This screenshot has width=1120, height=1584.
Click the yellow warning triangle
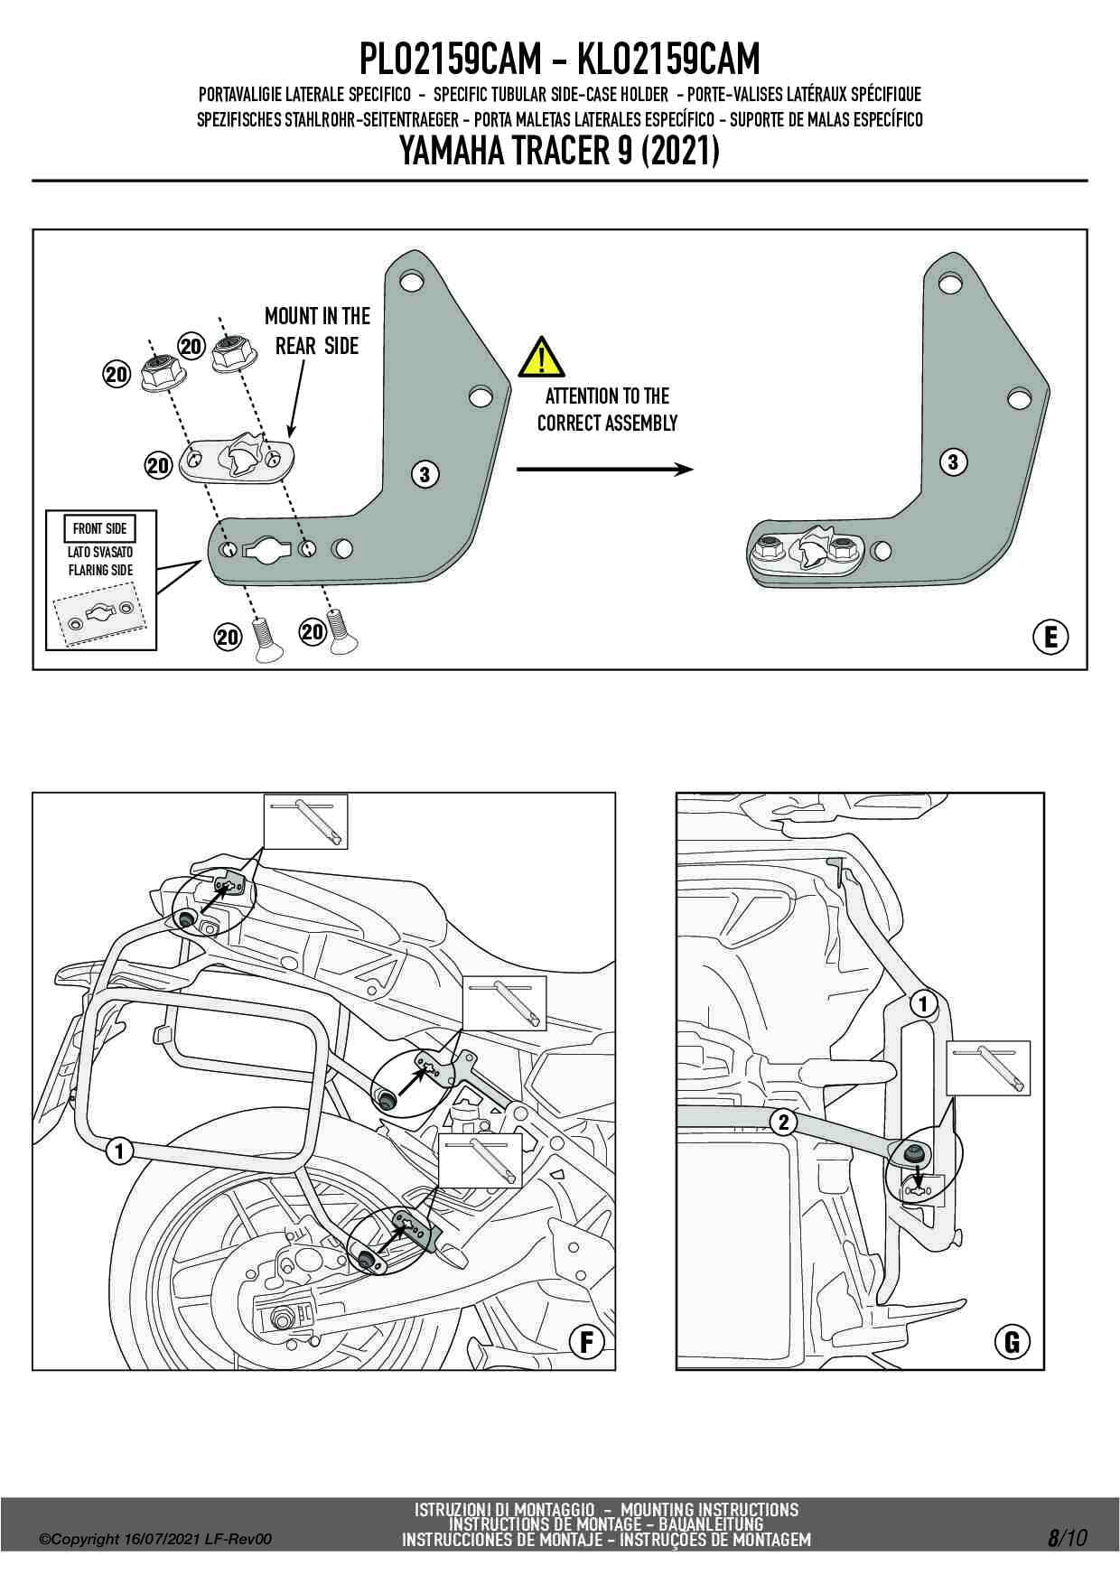tap(542, 357)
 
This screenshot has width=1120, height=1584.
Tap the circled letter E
tap(1050, 638)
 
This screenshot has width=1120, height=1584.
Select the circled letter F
tap(587, 1343)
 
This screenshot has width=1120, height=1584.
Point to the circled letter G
tap(1013, 1343)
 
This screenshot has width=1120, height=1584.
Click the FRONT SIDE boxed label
tap(99, 528)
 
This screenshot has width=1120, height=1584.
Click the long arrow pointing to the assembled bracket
tap(604, 469)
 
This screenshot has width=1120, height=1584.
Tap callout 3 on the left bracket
tap(425, 472)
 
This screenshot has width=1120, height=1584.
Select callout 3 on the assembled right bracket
tap(953, 462)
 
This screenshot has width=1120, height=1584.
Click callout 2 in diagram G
tap(783, 1123)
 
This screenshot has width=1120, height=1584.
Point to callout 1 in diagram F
tap(118, 1151)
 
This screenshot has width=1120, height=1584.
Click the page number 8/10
tap(1067, 1537)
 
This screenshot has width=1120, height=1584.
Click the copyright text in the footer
tap(155, 1540)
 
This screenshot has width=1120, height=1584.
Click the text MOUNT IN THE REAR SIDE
tap(317, 331)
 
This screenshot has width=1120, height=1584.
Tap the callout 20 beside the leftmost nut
tap(117, 375)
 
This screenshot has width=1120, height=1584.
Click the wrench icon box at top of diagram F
tap(305, 821)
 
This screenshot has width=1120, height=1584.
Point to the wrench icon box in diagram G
tap(988, 1067)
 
